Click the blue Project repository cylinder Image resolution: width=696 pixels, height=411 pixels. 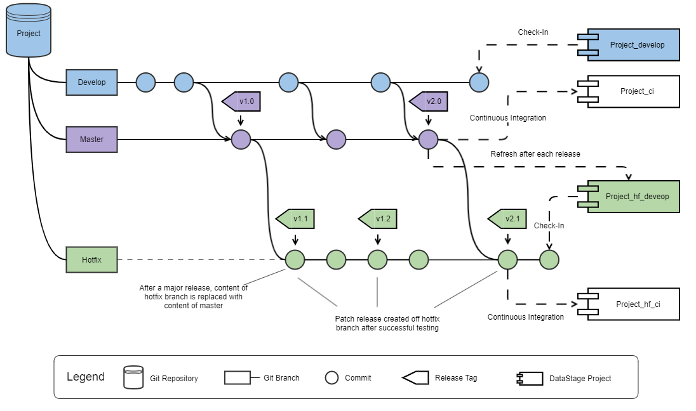coord(29,30)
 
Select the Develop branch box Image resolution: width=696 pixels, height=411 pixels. coord(91,82)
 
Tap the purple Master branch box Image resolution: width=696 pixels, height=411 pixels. coord(91,139)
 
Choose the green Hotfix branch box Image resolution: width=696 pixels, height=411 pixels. coord(91,260)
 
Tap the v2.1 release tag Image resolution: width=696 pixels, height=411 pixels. coord(509,219)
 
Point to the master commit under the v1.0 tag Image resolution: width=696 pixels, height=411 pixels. coord(241,140)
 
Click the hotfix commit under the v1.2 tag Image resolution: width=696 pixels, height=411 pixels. coord(378,259)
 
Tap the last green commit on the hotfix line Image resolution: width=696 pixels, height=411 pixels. coord(549,259)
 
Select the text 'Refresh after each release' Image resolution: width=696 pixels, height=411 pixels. coord(535,154)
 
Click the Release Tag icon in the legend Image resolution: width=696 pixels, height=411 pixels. coord(415,378)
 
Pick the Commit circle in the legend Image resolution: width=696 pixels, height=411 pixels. coord(331,378)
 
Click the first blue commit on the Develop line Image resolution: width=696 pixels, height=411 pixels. coord(146,82)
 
